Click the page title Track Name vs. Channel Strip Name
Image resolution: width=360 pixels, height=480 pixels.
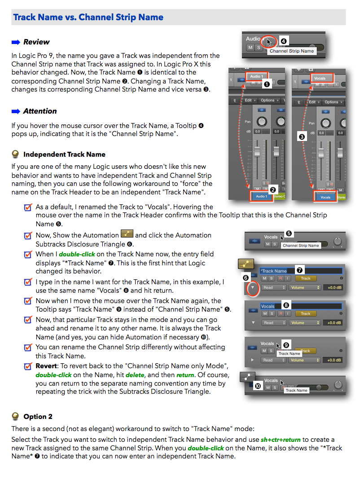pyautogui.click(x=88, y=18)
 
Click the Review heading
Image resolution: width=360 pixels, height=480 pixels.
pyautogui.click(x=36, y=42)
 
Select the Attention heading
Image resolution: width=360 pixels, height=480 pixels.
pyautogui.click(x=40, y=111)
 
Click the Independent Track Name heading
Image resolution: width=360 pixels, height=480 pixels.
pyautogui.click(x=64, y=154)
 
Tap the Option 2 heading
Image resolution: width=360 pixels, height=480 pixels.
pyautogui.click(x=38, y=416)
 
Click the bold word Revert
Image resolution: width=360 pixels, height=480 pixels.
pyautogui.click(x=46, y=366)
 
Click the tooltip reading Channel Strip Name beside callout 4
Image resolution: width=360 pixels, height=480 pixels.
pyautogui.click(x=292, y=51)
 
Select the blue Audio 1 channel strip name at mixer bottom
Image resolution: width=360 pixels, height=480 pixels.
pyautogui.click(x=261, y=196)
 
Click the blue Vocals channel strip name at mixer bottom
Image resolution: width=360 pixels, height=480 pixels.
pyautogui.click(x=325, y=197)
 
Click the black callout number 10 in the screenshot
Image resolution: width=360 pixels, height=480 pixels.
pyautogui.click(x=258, y=386)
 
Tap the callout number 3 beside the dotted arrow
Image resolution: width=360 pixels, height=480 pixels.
pyautogui.click(x=302, y=136)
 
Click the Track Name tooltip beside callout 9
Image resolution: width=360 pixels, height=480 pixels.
pyautogui.click(x=290, y=353)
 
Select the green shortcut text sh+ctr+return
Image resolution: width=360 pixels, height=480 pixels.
pyautogui.click(x=281, y=440)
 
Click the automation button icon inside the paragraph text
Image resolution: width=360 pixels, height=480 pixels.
pyautogui.click(x=127, y=234)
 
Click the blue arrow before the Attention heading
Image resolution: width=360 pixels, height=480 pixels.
pyautogui.click(x=16, y=111)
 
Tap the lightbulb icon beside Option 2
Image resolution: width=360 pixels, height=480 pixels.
pyautogui.click(x=16, y=416)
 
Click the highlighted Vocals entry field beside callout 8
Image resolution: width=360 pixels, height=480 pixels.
pyautogui.click(x=300, y=306)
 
